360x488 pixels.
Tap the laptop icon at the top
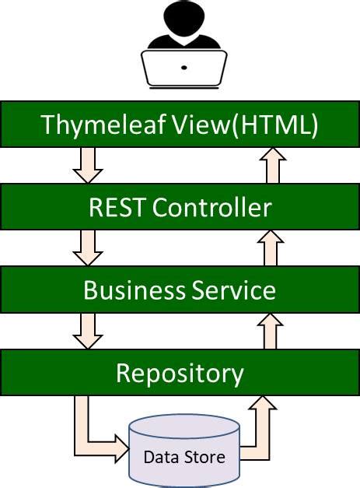pyautogui.click(x=183, y=68)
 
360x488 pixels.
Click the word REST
pyautogui.click(x=117, y=207)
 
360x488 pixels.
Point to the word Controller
pyautogui.click(x=211, y=207)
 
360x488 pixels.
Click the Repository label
pyautogui.click(x=180, y=373)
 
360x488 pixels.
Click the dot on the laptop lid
pyautogui.click(x=183, y=68)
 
